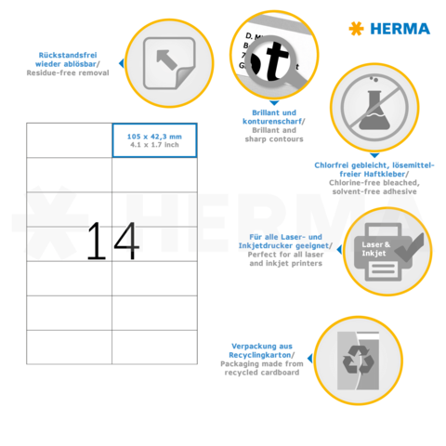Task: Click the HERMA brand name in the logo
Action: pyautogui.click(x=400, y=29)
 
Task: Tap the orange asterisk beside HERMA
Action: pyautogui.click(x=356, y=29)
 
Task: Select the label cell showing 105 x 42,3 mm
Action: pyautogui.click(x=154, y=140)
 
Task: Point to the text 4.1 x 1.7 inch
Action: pyautogui.click(x=154, y=145)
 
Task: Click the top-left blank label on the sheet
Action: pyautogui.click(x=69, y=140)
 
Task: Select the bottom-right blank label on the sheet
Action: pyautogui.click(x=154, y=346)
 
